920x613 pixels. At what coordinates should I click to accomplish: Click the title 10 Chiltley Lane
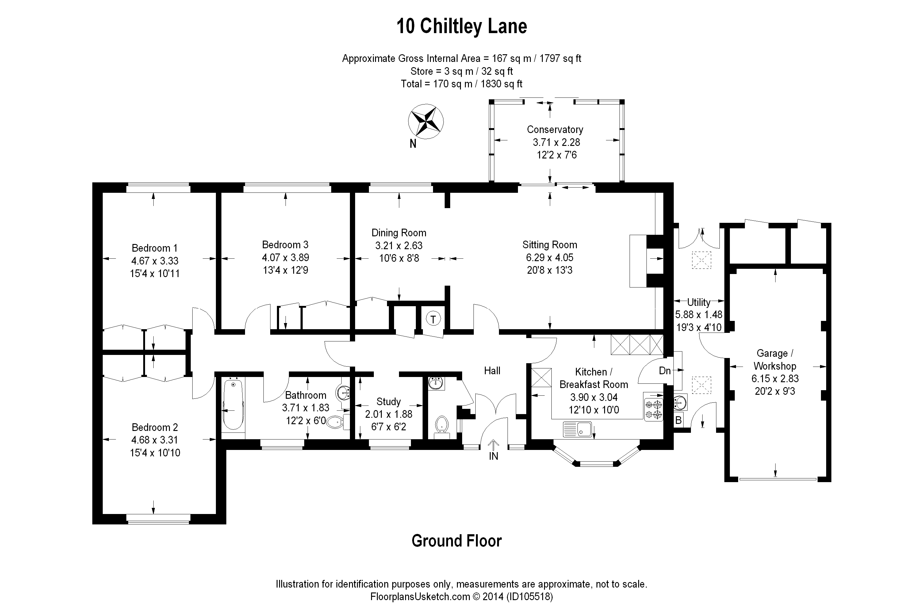[462, 27]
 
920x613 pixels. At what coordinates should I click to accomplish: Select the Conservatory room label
[555, 129]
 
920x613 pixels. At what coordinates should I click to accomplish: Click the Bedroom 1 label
[155, 248]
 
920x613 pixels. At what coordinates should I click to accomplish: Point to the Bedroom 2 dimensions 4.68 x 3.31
[155, 440]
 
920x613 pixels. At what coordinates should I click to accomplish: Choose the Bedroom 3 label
[285, 245]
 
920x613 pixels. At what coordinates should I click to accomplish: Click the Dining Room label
[399, 233]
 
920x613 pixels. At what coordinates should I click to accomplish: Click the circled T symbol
[433, 319]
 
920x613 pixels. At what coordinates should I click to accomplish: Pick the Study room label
[389, 402]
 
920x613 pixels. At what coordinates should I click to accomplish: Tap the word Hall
[492, 371]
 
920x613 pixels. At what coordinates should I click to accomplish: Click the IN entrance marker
[493, 456]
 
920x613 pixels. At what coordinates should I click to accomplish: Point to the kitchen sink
[577, 429]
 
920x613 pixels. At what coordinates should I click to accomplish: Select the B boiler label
[679, 420]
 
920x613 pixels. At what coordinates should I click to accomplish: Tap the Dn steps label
[665, 371]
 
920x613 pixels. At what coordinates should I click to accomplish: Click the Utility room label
[699, 302]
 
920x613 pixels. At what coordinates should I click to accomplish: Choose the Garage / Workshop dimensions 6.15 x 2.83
[775, 379]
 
